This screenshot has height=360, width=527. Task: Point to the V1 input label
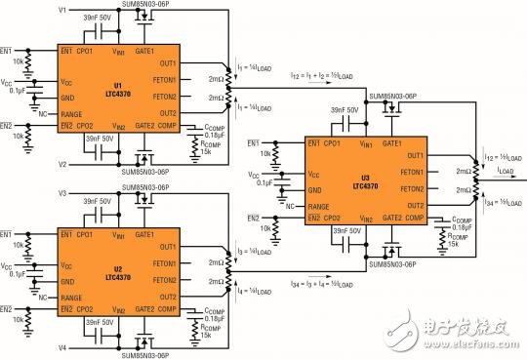(63, 9)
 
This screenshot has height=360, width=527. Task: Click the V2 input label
(63, 163)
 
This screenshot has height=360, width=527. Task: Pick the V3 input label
(63, 193)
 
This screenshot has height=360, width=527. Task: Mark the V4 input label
(63, 346)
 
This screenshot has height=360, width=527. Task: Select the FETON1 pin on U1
(162, 79)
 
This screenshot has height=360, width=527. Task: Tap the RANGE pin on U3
(319, 203)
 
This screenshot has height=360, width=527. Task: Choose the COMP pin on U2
(168, 310)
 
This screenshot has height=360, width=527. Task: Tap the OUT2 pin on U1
(165, 113)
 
